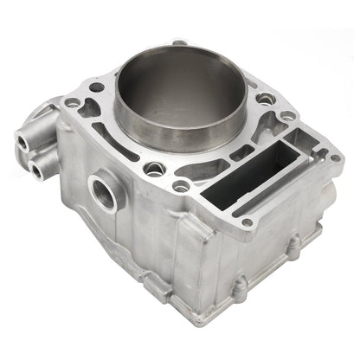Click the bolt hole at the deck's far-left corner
(73, 103)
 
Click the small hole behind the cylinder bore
(177, 42)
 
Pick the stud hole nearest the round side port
(154, 168)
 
